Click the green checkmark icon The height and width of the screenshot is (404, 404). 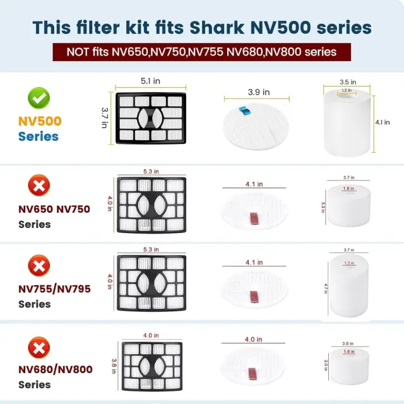click(x=39, y=98)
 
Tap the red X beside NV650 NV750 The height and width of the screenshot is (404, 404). click(x=39, y=185)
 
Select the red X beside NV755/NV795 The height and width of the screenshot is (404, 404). click(x=39, y=266)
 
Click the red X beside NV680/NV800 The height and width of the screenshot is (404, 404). click(x=39, y=348)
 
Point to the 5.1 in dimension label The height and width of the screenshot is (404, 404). click(x=150, y=81)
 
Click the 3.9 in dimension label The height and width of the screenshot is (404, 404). click(x=259, y=92)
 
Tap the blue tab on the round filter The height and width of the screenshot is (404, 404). click(x=244, y=111)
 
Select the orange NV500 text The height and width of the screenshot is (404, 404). click(x=40, y=121)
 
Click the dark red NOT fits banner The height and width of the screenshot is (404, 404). click(x=202, y=52)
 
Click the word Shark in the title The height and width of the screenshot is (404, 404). click(x=217, y=27)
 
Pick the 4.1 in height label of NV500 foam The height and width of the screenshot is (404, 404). click(x=383, y=122)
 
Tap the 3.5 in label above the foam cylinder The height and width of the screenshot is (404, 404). click(x=348, y=82)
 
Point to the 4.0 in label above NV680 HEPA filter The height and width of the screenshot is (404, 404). click(x=151, y=335)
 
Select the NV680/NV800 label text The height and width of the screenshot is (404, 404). click(x=56, y=369)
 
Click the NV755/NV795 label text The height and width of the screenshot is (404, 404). click(x=55, y=289)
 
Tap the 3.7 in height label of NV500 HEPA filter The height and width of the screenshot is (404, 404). click(x=104, y=118)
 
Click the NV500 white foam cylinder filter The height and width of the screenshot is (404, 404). click(x=347, y=123)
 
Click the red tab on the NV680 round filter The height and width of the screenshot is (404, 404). click(x=252, y=374)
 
